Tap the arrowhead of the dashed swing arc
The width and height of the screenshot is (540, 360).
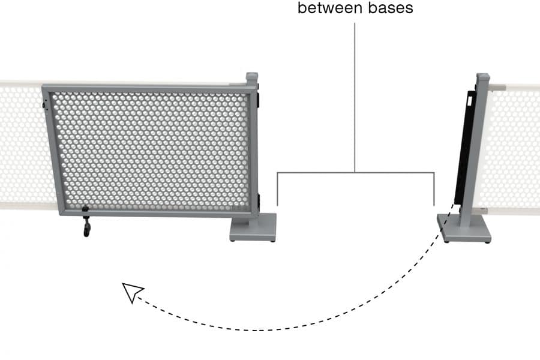(x=131, y=292)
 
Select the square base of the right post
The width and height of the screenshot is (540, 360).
(x=464, y=231)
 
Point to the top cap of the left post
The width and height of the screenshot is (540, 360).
(x=252, y=77)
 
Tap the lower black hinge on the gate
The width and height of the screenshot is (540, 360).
(x=259, y=201)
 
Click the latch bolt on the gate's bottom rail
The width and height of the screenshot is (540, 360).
(x=85, y=210)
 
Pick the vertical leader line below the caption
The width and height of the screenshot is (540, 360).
(x=355, y=96)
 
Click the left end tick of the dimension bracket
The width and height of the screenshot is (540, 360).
(x=277, y=190)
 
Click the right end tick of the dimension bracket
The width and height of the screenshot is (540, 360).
(x=434, y=190)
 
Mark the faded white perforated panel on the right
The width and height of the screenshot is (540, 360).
(x=510, y=147)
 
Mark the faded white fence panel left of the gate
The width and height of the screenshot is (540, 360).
(x=21, y=144)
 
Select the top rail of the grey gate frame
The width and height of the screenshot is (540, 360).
(x=150, y=88)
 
